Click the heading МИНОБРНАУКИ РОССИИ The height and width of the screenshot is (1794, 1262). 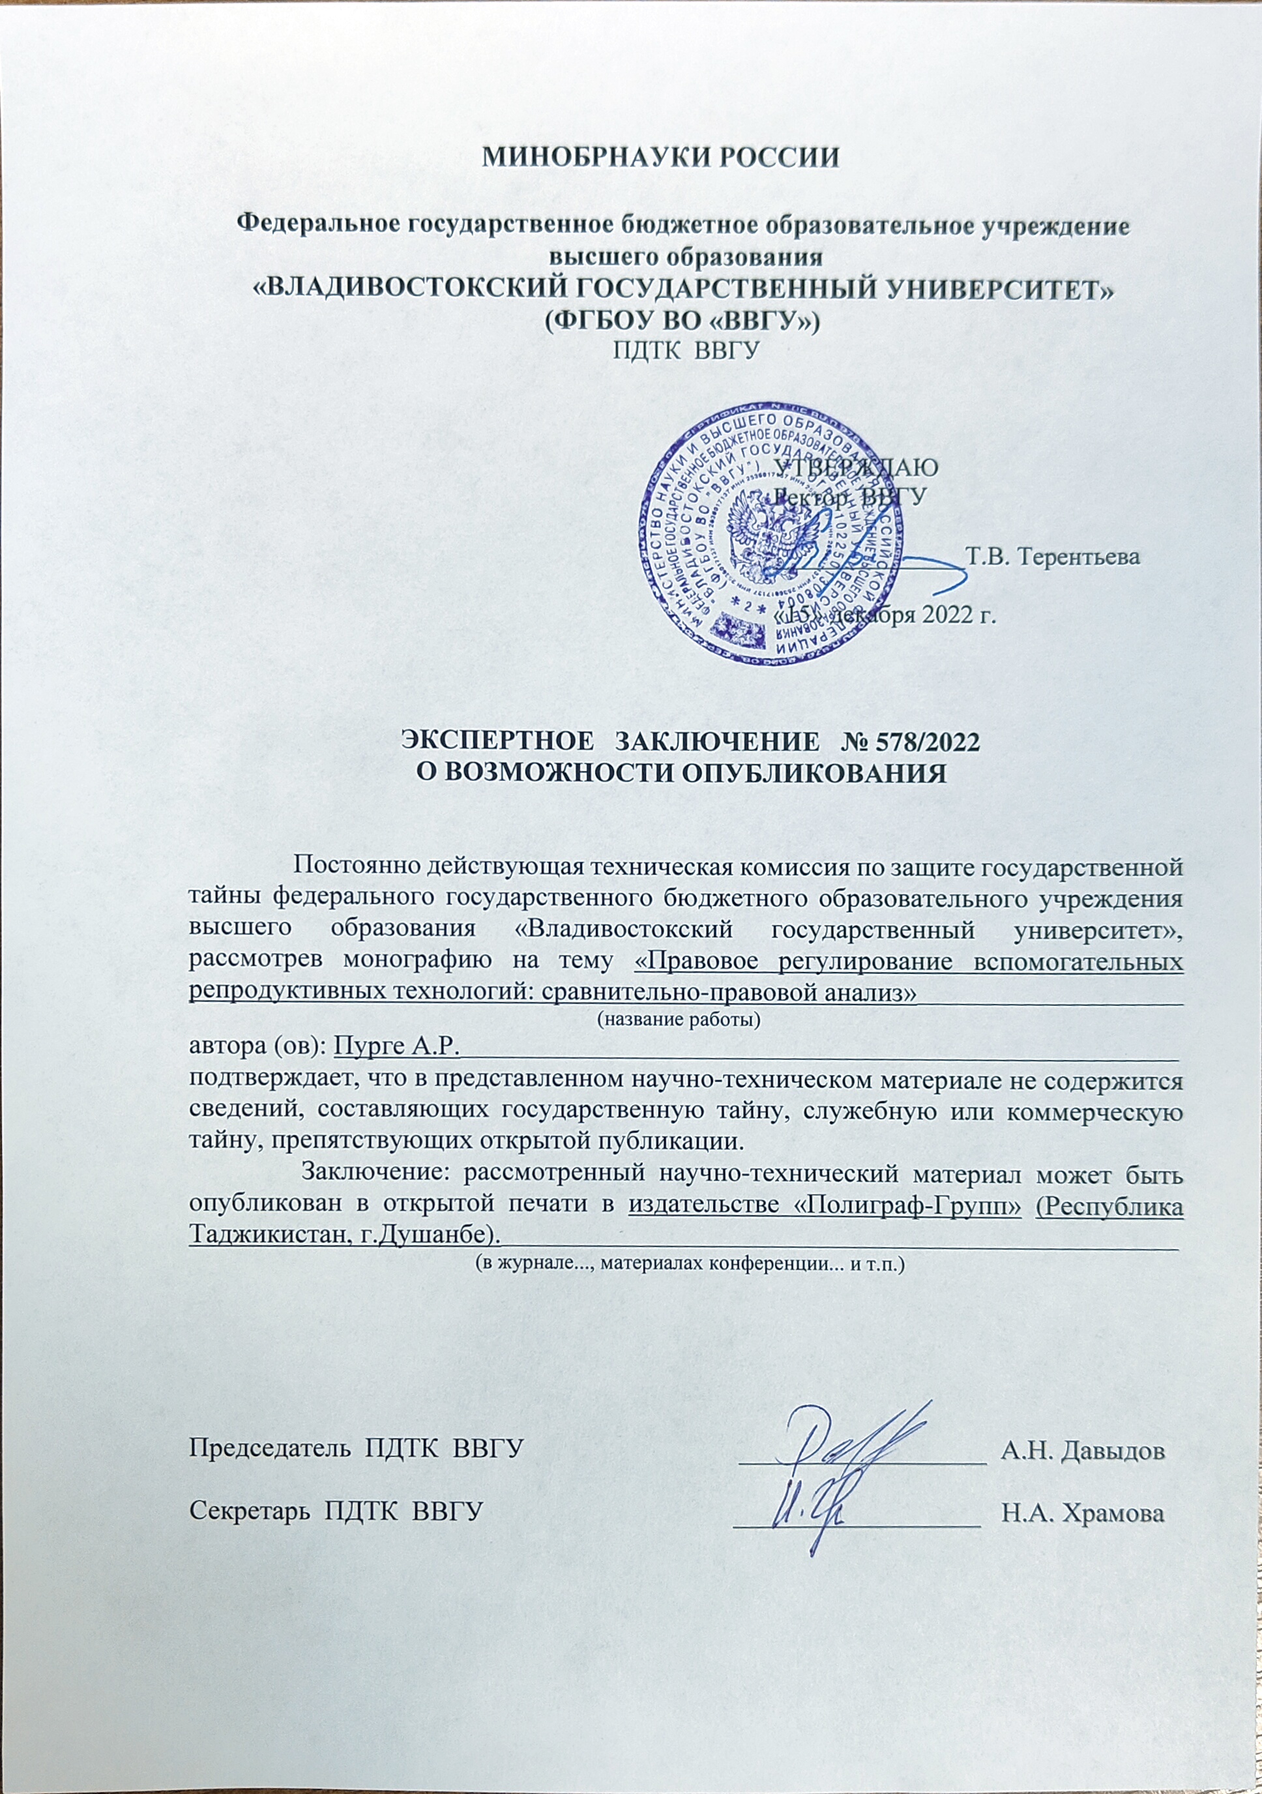tap(660, 157)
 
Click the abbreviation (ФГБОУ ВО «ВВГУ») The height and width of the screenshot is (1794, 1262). tap(681, 320)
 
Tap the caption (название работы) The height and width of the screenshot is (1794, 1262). tap(679, 1020)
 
